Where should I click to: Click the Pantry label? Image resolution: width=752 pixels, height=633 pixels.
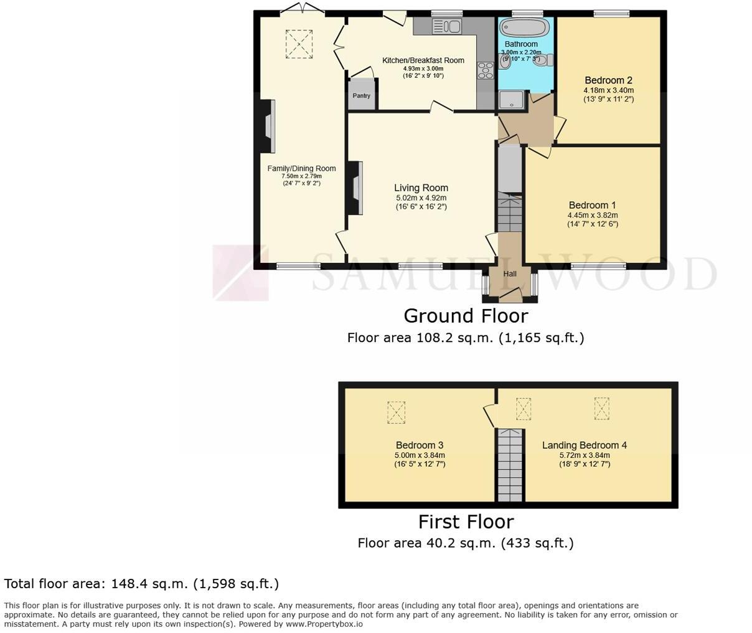[x=361, y=96]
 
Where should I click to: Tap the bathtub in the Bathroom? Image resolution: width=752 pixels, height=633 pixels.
[x=525, y=29]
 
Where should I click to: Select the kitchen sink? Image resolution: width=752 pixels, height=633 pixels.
[x=446, y=26]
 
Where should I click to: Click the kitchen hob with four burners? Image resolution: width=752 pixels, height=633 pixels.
[x=484, y=70]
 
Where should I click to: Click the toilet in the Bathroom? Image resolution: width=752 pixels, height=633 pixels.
[x=543, y=60]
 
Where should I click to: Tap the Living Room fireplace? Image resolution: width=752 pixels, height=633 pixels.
[x=356, y=188]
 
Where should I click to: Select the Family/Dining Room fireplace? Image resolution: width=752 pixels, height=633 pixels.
[x=268, y=126]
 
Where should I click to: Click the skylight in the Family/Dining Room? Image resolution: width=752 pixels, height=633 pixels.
[x=299, y=44]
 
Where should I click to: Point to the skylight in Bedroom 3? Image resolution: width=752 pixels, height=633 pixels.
[x=396, y=412]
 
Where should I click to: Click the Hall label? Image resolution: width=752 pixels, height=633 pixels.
[x=510, y=274]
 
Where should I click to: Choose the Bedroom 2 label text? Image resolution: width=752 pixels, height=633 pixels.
[x=608, y=80]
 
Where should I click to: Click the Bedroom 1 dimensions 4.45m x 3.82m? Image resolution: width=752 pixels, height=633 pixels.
[x=592, y=216]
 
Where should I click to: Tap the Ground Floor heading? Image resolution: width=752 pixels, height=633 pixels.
[x=466, y=316]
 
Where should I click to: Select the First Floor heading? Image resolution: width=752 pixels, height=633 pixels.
[x=466, y=521]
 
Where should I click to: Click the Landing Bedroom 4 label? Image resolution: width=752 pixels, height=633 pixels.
[x=584, y=445]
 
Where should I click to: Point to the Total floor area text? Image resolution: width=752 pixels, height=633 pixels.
[x=141, y=584]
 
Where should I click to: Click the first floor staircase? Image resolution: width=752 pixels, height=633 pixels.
[x=510, y=464]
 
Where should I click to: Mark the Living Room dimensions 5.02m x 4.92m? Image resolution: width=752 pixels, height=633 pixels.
[x=421, y=198]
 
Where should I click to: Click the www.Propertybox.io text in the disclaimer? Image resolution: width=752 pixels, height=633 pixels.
[x=324, y=624]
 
